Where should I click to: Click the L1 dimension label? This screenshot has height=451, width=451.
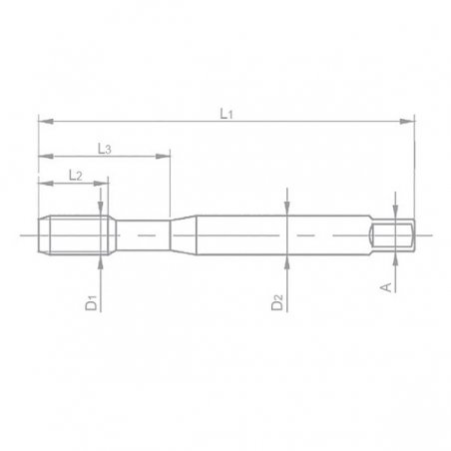226,115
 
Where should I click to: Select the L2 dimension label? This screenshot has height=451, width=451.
75,175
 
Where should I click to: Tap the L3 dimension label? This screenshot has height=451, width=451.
105,148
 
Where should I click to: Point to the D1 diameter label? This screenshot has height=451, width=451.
90,301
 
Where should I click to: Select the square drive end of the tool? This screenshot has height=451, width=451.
392,235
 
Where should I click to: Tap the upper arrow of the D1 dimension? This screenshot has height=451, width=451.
104,211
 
